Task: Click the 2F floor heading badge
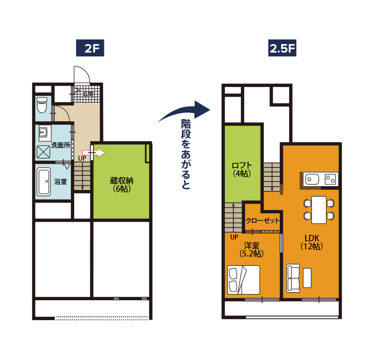[x=90, y=48]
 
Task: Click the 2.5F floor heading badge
[x=282, y=48]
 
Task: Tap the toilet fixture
[x=42, y=105]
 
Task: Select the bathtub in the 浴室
[x=44, y=182]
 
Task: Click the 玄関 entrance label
[x=88, y=94]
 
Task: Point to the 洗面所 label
[x=61, y=145]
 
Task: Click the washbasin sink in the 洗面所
[x=45, y=132]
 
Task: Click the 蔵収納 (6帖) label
[x=121, y=184]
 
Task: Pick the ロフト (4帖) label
[x=242, y=169]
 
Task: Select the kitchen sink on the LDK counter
[x=312, y=179]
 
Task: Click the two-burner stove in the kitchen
[x=331, y=179]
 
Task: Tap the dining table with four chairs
[x=319, y=210]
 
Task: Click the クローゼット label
[x=262, y=220]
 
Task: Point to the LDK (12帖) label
[x=312, y=242]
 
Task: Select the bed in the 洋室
[x=243, y=280]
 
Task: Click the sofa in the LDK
[x=293, y=278]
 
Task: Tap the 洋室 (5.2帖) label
[x=251, y=249]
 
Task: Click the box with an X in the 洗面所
[x=43, y=152]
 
